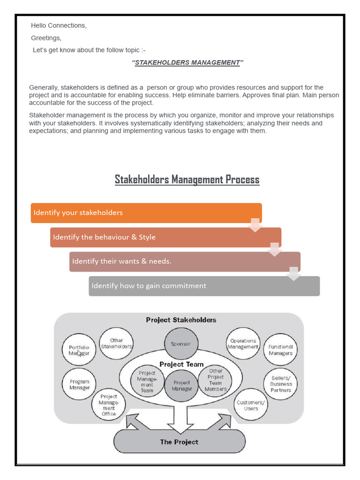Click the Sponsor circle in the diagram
tap(180, 344)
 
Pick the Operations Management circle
tap(243, 344)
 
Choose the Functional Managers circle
tap(280, 350)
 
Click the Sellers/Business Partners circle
tap(280, 383)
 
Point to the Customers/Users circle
tap(251, 405)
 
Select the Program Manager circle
tap(79, 384)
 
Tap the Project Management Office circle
tap(109, 405)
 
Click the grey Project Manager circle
tap(181, 385)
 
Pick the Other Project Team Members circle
tap(215, 380)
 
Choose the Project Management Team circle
tap(147, 381)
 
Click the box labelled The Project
tap(179, 442)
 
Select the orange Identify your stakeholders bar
tap(146, 213)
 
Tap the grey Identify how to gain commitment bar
tap(204, 286)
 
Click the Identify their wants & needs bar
tap(185, 262)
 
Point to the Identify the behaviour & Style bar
tap(165, 237)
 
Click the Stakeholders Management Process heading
tap(187, 180)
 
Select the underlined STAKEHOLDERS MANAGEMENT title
tap(187, 63)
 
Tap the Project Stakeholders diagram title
tap(181, 320)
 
